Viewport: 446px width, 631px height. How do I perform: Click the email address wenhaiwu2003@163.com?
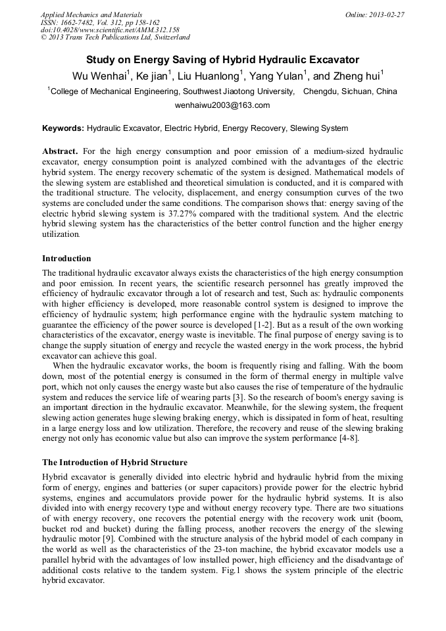(x=222, y=105)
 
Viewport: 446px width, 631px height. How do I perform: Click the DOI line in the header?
(x=110, y=30)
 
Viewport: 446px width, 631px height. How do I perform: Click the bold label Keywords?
(x=63, y=128)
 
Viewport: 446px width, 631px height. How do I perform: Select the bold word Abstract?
(x=61, y=151)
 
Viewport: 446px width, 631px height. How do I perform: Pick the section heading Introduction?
(x=66, y=259)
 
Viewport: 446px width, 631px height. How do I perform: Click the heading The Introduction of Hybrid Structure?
(x=114, y=463)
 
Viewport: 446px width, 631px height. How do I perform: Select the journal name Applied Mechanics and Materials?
(x=91, y=14)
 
